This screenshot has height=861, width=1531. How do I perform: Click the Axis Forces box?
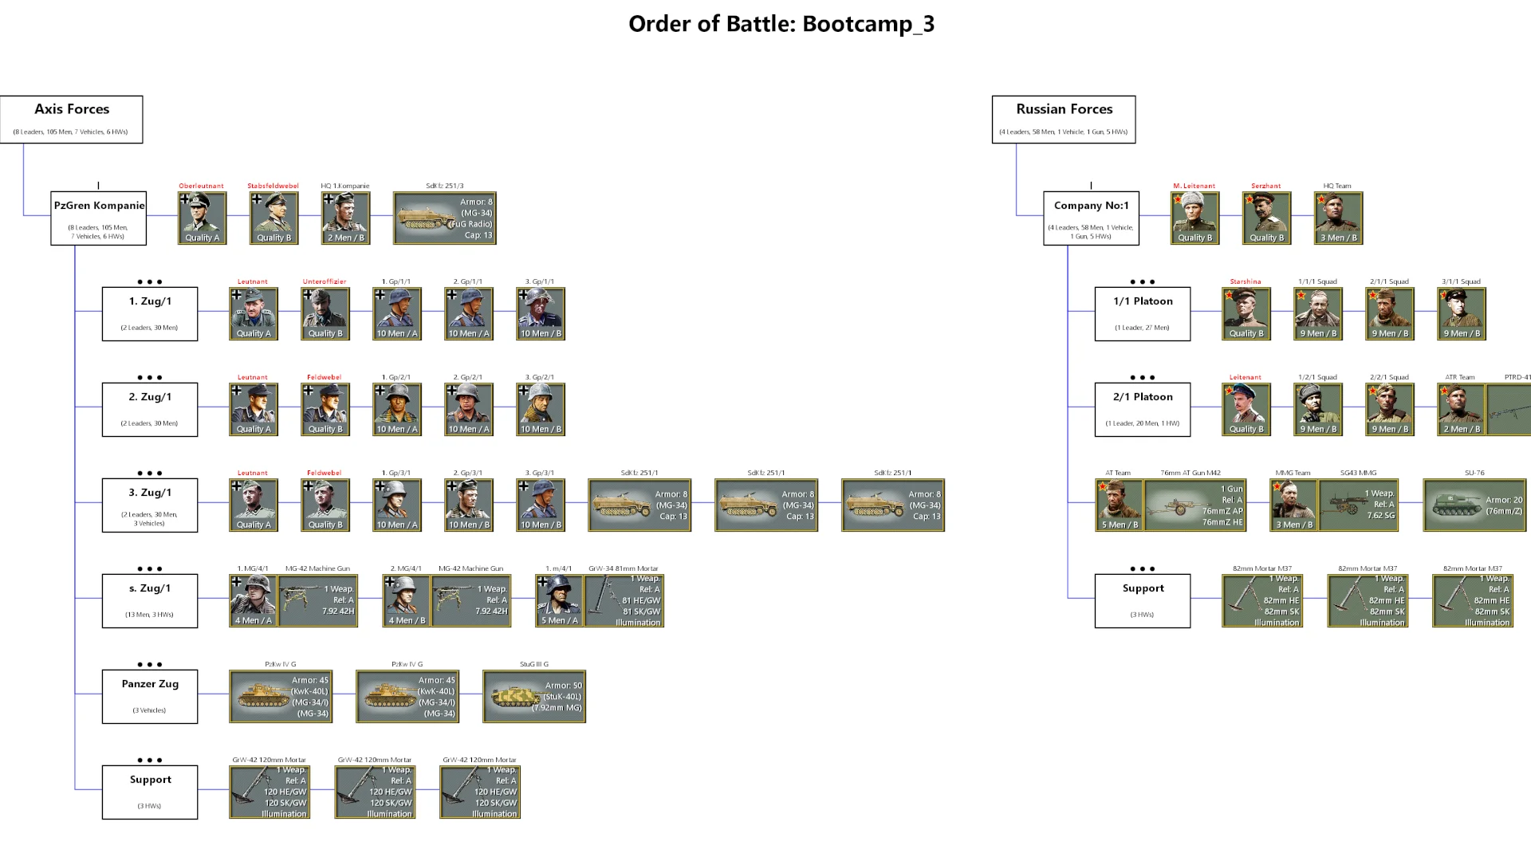[x=72, y=120]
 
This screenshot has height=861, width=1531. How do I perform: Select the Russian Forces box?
[x=1064, y=120]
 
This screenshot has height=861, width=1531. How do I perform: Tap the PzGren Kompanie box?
[x=99, y=218]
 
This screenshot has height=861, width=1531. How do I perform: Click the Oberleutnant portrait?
[x=202, y=218]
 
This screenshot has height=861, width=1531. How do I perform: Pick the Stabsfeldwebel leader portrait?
[x=274, y=218]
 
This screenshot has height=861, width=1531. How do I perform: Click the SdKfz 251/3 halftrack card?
[x=444, y=218]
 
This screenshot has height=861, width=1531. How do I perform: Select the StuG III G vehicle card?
[x=534, y=696]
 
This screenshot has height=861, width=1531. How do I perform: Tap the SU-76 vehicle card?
[x=1474, y=505]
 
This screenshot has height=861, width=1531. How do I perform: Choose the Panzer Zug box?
[x=150, y=696]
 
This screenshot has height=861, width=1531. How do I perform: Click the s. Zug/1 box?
[x=150, y=600]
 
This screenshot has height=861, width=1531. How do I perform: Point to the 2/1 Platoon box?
[x=1143, y=409]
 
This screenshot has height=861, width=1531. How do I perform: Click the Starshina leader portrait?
[x=1246, y=313]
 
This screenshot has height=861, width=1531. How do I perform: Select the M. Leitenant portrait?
[x=1194, y=218]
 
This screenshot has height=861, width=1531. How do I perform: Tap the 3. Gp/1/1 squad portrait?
[x=541, y=313]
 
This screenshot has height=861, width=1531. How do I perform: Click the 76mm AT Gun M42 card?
[x=1194, y=505]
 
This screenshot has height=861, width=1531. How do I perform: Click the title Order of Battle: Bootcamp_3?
[x=781, y=24]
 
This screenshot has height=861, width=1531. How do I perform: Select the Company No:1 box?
[x=1091, y=218]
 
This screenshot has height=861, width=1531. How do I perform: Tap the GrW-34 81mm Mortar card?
[x=624, y=600]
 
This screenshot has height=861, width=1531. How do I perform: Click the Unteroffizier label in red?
[x=325, y=281]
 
